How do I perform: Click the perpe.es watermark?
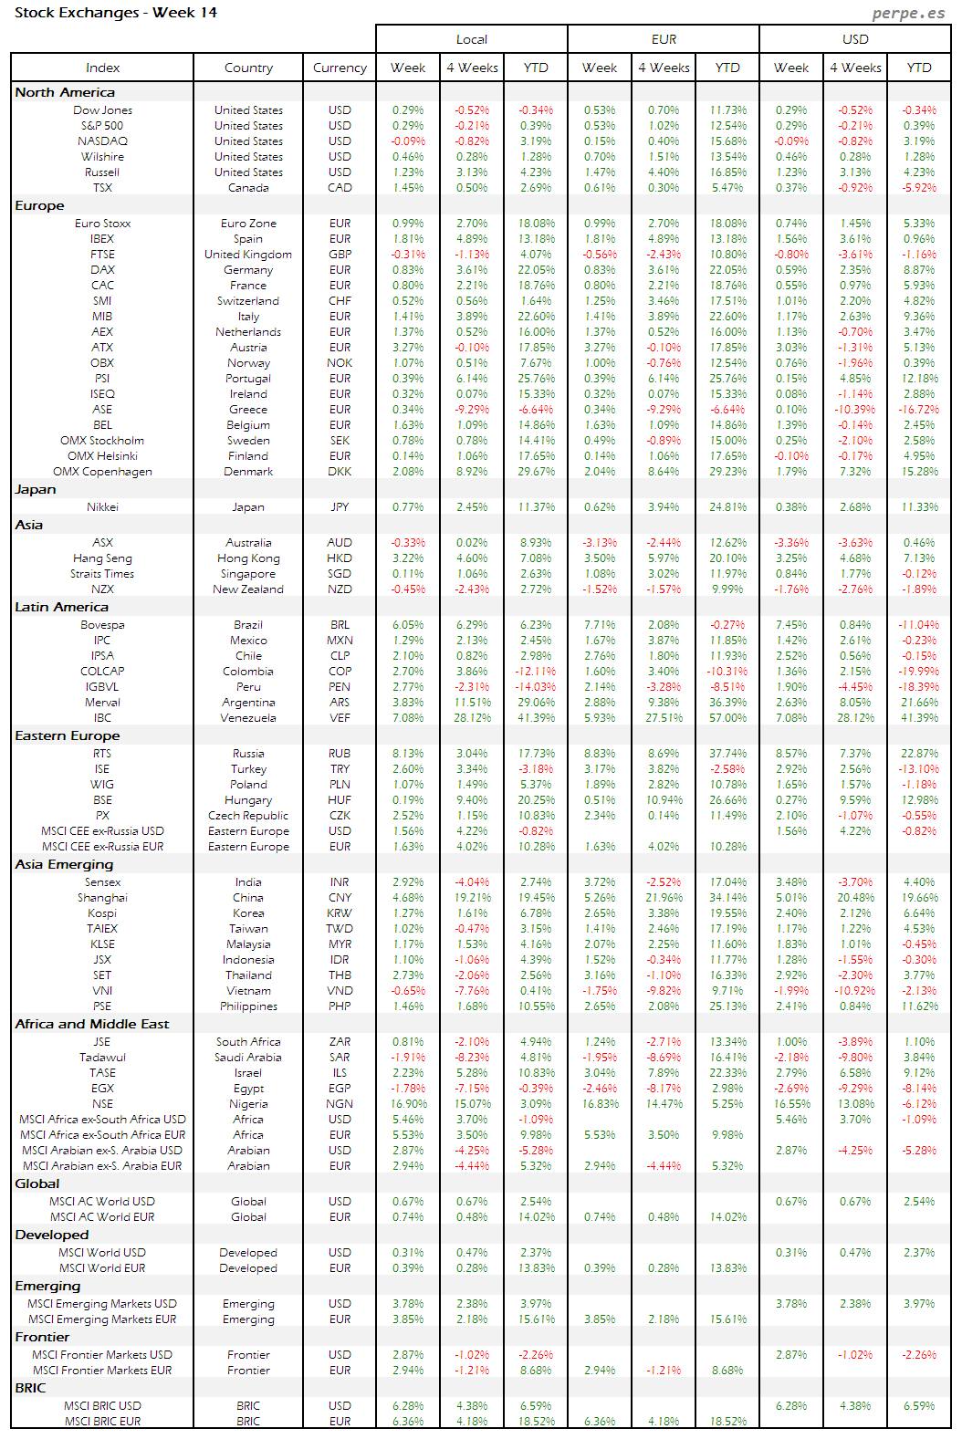(908, 13)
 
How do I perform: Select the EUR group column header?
(664, 39)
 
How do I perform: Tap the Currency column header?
(340, 68)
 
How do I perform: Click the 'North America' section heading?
(65, 92)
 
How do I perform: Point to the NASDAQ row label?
(102, 141)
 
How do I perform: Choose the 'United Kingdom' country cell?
(248, 255)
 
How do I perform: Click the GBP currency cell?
(340, 255)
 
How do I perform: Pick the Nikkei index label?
(102, 507)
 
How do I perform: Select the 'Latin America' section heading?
(61, 607)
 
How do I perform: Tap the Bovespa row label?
(102, 625)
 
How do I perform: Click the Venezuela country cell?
(248, 718)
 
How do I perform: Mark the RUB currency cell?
(340, 754)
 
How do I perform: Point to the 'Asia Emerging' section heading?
(64, 864)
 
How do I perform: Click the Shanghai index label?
(102, 898)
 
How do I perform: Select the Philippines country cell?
(248, 1006)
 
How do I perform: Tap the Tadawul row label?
(102, 1058)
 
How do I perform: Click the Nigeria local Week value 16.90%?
(408, 1104)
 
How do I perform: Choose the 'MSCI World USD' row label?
(102, 1253)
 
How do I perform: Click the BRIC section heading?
(30, 1388)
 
